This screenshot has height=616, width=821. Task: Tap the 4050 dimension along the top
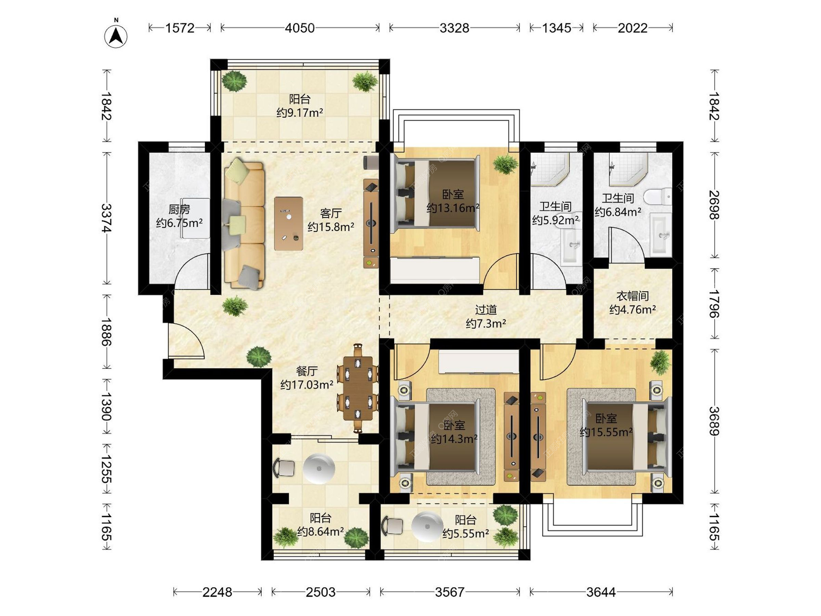pyautogui.click(x=300, y=28)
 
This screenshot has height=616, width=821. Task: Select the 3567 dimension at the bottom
pyautogui.click(x=450, y=592)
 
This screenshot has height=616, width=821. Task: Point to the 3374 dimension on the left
pyautogui.click(x=106, y=218)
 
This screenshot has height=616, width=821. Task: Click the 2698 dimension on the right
pyautogui.click(x=714, y=205)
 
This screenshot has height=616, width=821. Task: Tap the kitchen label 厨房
pyautogui.click(x=179, y=210)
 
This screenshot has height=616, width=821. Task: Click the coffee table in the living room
pyautogui.click(x=289, y=223)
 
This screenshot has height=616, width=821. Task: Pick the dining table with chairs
pyautogui.click(x=357, y=388)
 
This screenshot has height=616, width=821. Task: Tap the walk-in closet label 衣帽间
pyautogui.click(x=632, y=296)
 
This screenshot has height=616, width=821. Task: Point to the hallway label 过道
pyautogui.click(x=486, y=310)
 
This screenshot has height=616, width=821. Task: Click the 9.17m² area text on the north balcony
pyautogui.click(x=300, y=113)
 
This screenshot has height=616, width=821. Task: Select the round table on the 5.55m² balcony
pyautogui.click(x=427, y=527)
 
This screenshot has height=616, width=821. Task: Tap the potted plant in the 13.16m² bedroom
pyautogui.click(x=505, y=164)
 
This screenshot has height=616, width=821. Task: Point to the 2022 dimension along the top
pyautogui.click(x=633, y=28)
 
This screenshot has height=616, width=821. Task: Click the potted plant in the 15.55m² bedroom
pyautogui.click(x=660, y=362)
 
